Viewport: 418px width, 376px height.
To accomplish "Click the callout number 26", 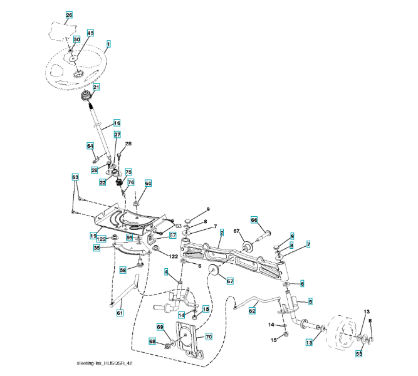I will click(69, 15).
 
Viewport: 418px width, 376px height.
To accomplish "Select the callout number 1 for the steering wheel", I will click(108, 44).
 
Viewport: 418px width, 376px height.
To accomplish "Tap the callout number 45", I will click(90, 33).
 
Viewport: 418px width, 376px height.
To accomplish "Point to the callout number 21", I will click(97, 87).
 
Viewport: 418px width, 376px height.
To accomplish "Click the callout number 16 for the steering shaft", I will click(116, 123).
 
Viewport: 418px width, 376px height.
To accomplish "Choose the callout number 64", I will click(90, 145).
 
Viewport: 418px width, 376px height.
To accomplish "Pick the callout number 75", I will click(128, 171).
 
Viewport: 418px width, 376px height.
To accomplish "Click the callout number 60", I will click(149, 184).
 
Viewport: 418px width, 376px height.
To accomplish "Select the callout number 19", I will click(92, 236).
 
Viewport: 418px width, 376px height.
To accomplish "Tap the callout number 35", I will click(97, 248).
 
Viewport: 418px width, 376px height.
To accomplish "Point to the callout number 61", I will click(120, 312).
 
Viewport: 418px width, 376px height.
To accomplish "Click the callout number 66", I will click(254, 220).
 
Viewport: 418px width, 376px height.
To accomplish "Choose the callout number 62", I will click(253, 310).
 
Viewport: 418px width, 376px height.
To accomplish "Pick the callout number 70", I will click(209, 337).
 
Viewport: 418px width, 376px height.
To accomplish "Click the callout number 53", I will click(359, 354).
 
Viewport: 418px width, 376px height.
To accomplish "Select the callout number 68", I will click(152, 342).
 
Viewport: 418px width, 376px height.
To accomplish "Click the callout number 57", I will click(172, 236).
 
